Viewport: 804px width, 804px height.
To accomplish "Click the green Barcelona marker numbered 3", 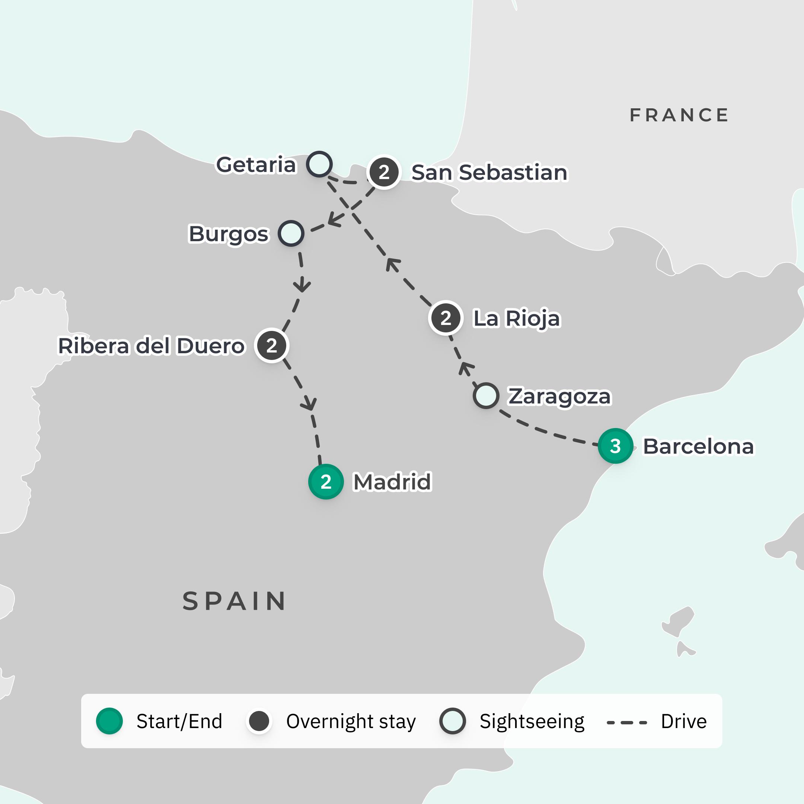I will (x=615, y=446).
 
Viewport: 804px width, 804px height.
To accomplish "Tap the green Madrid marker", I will (x=326, y=482).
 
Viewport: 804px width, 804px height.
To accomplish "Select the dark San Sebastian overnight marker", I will (x=384, y=172).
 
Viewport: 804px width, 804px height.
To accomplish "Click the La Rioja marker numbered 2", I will (x=446, y=318).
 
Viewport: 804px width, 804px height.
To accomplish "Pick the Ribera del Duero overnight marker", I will (x=272, y=345).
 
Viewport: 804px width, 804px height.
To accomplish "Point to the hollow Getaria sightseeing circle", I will (x=319, y=164).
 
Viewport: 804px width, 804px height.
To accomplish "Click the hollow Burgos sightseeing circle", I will (x=291, y=233).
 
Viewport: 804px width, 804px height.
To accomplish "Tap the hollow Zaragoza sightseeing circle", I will (x=486, y=395).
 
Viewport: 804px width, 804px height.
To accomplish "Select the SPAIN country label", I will (x=234, y=602).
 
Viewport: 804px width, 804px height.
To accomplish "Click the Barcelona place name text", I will (x=698, y=447).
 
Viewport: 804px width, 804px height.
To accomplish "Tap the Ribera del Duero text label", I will (x=151, y=346).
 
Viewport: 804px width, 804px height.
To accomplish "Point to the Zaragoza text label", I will (x=559, y=396).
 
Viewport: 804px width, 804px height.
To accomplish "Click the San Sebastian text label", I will (x=489, y=172).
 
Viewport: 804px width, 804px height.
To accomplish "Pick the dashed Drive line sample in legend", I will (x=627, y=723).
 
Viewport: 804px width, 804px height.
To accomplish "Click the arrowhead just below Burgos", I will (x=302, y=287).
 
